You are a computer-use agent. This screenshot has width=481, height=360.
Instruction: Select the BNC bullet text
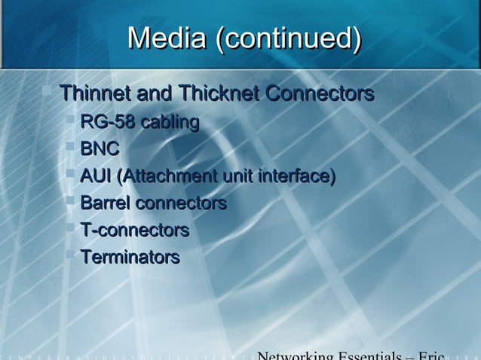pyautogui.click(x=100, y=150)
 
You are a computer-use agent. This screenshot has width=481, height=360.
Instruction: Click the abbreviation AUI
pyautogui.click(x=96, y=177)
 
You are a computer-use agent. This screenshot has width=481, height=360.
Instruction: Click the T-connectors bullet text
pyautogui.click(x=134, y=230)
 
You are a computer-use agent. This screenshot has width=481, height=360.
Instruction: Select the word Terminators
pyautogui.click(x=130, y=257)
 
